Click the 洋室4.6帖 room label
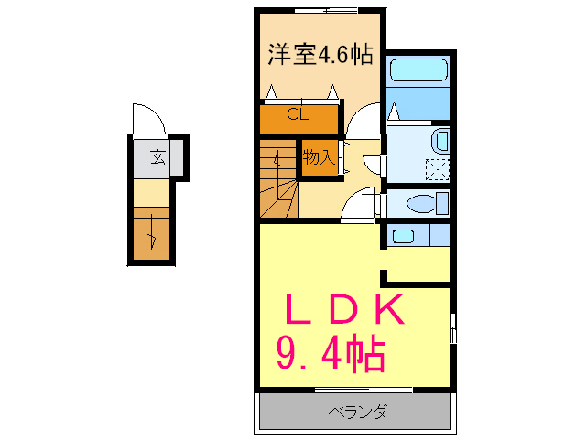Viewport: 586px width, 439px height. point(320,55)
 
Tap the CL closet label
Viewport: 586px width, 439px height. point(298,115)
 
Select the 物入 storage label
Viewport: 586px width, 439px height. point(319,157)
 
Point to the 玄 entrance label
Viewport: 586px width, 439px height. point(157,156)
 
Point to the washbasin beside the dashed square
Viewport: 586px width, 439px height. point(440,141)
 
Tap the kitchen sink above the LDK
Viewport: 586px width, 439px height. point(403,236)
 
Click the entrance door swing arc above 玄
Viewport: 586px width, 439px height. point(147,120)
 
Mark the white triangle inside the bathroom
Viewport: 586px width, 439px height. point(394,112)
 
